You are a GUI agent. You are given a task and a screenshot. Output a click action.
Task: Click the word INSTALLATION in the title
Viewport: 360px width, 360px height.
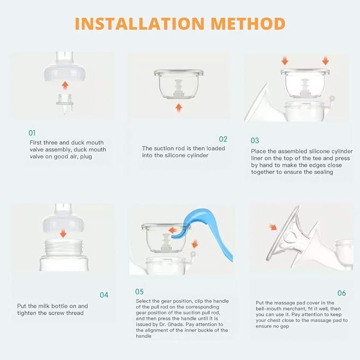(x=139, y=24)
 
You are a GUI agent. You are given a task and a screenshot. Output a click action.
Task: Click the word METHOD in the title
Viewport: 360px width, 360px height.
(x=248, y=24)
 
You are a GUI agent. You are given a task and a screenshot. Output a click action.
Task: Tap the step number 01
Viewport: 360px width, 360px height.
(x=32, y=133)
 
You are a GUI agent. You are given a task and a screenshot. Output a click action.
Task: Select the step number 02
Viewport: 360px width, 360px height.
(x=223, y=139)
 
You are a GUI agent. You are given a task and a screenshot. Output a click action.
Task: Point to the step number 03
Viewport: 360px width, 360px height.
(x=255, y=141)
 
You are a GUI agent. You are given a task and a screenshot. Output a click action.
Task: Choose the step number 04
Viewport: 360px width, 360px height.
(x=104, y=295)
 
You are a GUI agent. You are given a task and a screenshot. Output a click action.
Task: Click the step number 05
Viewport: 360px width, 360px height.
(x=139, y=292)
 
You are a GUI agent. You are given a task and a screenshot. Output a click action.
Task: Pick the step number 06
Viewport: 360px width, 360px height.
(x=341, y=293)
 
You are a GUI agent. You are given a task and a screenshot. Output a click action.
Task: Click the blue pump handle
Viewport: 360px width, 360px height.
(x=214, y=232)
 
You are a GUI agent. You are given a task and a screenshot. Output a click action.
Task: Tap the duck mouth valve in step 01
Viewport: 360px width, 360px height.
(x=65, y=103)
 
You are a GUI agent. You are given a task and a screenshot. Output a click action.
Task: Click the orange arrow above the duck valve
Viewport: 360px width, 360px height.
(x=65, y=85)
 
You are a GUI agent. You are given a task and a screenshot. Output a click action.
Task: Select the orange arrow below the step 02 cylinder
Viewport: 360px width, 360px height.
(x=179, y=108)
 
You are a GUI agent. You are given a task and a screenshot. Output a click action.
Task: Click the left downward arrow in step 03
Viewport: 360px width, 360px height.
(x=285, y=60)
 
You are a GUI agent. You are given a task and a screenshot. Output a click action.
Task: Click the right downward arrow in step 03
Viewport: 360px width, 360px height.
(x=326, y=60)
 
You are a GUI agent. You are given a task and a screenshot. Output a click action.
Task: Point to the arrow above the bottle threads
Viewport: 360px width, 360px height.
(x=63, y=233)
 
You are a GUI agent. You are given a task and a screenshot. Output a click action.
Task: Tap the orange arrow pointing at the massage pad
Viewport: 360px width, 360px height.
(x=273, y=227)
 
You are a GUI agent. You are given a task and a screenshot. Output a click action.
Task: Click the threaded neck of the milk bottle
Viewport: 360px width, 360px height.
(x=64, y=248)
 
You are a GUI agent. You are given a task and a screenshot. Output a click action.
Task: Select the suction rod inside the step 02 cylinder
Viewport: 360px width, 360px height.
(x=178, y=89)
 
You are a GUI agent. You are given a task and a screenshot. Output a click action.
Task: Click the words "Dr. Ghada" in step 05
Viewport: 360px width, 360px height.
(x=170, y=324)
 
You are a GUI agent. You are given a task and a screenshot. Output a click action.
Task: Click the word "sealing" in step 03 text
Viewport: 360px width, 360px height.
(x=323, y=172)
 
